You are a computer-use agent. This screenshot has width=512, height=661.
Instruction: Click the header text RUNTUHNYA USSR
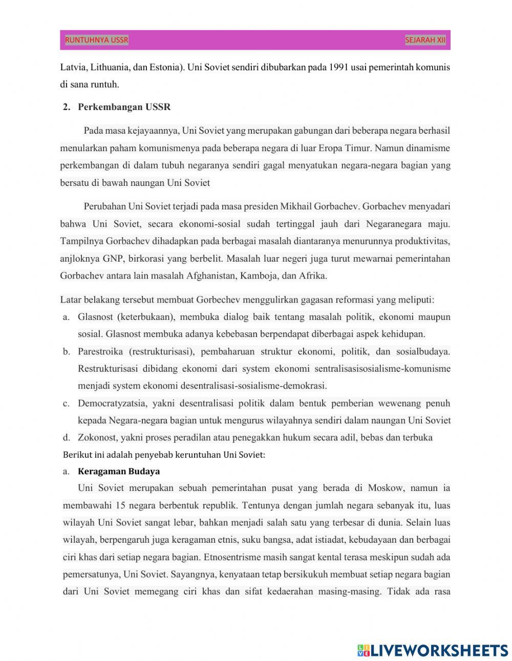point(96,40)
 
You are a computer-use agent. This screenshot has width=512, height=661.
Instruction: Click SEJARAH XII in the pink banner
point(425,40)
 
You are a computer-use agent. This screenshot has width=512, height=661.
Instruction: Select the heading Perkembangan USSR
point(124,107)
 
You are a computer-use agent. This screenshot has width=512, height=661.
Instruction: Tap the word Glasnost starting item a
point(95,317)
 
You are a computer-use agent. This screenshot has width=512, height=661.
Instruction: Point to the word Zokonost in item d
point(96,437)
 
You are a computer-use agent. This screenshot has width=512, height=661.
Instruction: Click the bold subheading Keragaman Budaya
point(119,471)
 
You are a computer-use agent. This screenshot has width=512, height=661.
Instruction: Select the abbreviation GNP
point(113,259)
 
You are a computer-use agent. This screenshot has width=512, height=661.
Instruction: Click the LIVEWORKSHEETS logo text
point(439,650)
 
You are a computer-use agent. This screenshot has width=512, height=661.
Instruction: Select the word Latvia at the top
point(72,67)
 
